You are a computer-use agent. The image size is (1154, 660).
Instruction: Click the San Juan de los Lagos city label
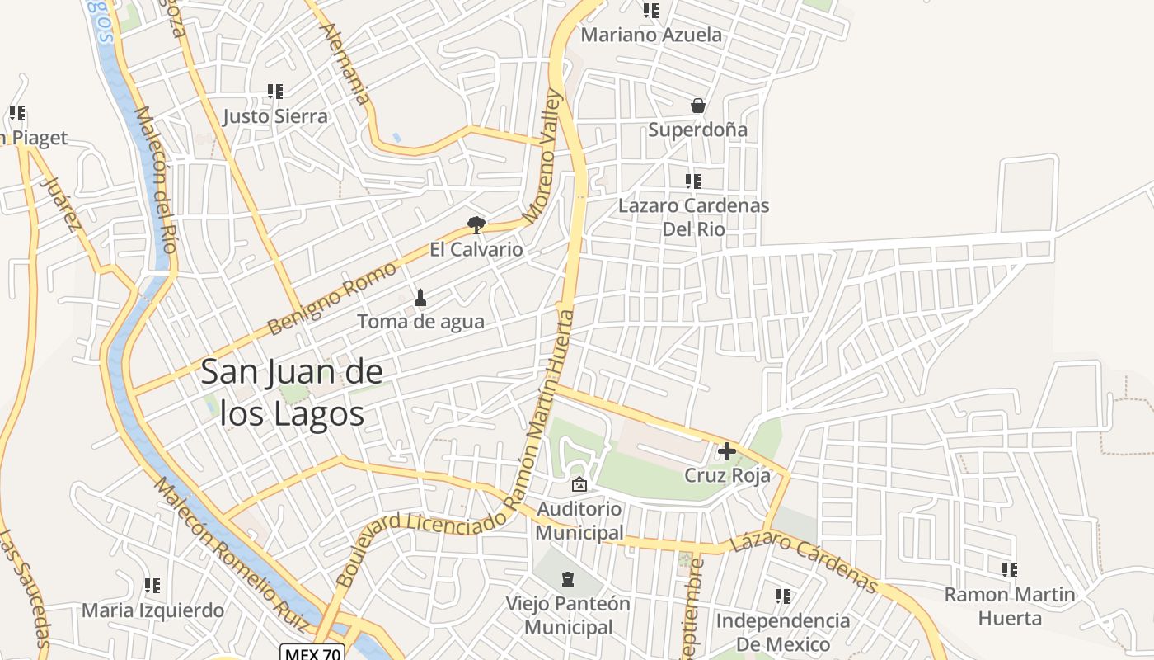[292, 393]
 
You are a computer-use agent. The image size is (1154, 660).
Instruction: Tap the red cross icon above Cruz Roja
[726, 451]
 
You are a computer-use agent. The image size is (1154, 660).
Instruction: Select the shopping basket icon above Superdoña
[697, 106]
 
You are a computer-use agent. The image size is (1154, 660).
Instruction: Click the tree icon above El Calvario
[476, 224]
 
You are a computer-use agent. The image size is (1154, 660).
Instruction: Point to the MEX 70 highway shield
[312, 653]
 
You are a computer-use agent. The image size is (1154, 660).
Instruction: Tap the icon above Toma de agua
[420, 297]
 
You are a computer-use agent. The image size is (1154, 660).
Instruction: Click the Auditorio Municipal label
[579, 521]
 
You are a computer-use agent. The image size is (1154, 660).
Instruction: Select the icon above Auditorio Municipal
[579, 484]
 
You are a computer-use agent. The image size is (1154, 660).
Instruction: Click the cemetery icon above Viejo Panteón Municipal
[568, 579]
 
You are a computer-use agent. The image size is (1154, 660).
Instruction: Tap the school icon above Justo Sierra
[275, 92]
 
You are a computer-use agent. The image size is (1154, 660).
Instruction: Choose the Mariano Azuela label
[651, 35]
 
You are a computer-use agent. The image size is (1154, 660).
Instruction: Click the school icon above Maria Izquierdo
[152, 586]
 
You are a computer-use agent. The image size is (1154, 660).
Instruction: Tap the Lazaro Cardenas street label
[804, 563]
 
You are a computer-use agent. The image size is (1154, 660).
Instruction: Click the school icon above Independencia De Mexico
[783, 596]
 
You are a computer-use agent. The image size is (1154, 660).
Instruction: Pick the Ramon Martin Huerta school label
[1010, 606]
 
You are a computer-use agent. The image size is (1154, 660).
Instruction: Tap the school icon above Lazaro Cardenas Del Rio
[693, 181]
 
